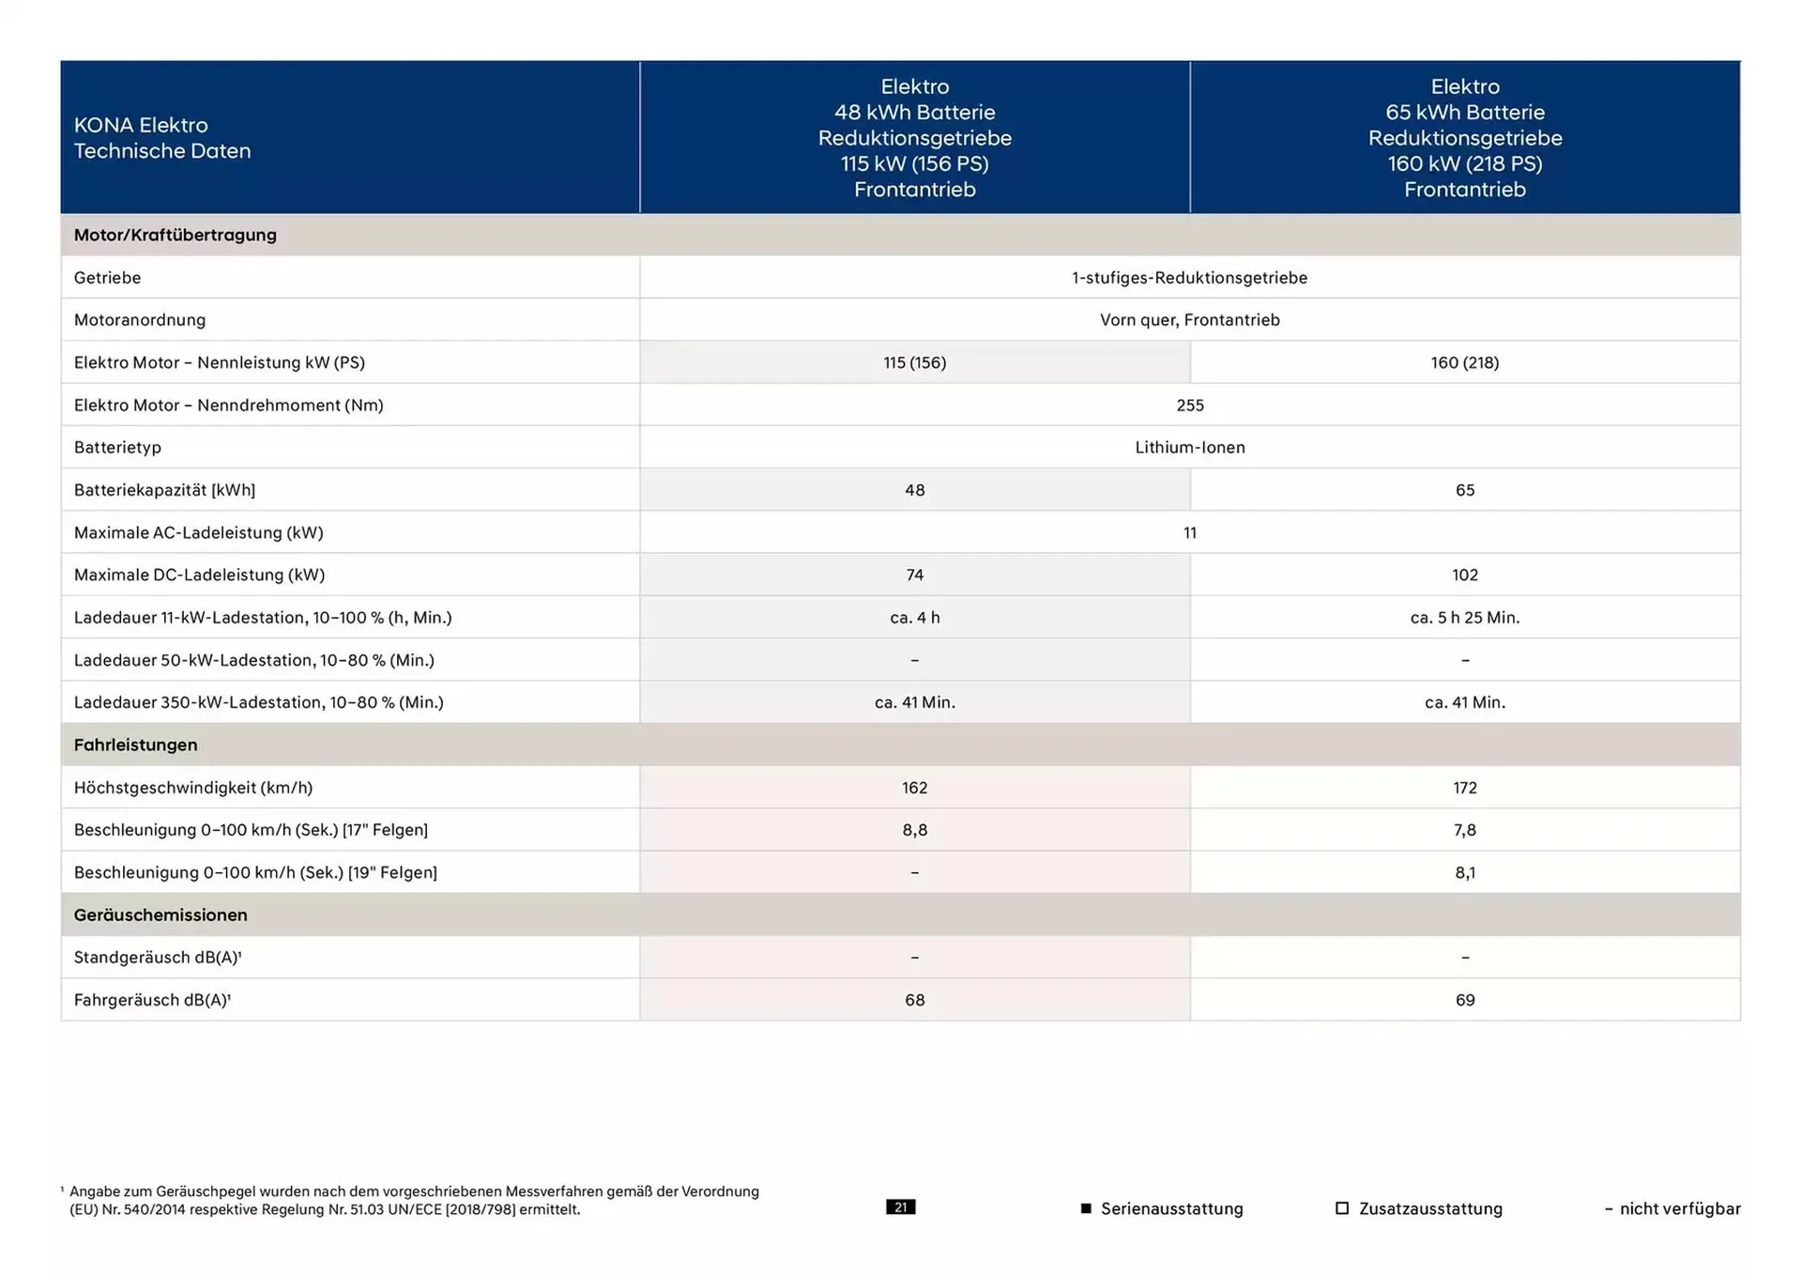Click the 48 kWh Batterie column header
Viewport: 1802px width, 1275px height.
tap(914, 138)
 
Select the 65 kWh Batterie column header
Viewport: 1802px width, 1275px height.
tap(1464, 138)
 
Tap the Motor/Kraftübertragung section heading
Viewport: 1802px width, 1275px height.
tap(176, 235)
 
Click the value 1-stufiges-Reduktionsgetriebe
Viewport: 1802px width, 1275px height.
tap(1189, 278)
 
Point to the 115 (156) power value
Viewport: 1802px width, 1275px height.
tap(914, 362)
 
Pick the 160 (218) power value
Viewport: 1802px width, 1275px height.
tap(1464, 362)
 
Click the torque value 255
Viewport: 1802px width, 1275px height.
tap(1189, 406)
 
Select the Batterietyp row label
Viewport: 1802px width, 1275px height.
tap(117, 448)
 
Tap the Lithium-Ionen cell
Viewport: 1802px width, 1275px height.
tap(1189, 448)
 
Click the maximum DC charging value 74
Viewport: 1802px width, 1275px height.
tap(914, 575)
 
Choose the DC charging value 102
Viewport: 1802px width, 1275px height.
tap(1464, 575)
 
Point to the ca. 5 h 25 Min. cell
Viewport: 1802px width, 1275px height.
tap(1464, 618)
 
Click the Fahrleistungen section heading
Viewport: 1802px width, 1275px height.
tap(136, 745)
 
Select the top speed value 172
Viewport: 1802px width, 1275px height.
tap(1464, 788)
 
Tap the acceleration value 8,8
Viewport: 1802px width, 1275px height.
tap(914, 830)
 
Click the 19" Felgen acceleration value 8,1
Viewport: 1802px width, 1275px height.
tap(1464, 872)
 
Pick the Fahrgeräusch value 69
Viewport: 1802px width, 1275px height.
tap(1464, 1000)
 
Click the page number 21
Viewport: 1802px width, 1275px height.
tap(900, 1207)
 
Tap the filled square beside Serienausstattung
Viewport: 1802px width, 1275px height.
tap(1086, 1208)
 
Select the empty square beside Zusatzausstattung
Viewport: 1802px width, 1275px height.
tap(1342, 1208)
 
